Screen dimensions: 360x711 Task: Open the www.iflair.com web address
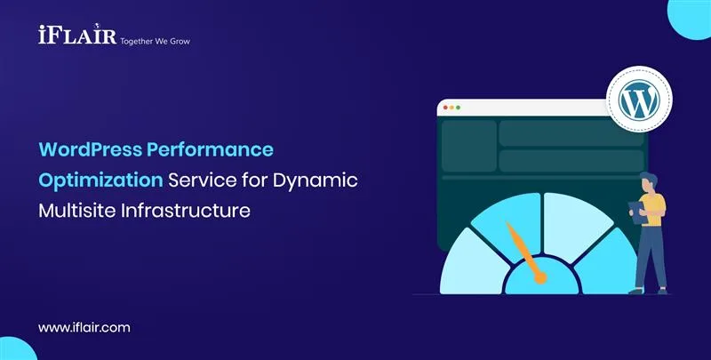click(84, 327)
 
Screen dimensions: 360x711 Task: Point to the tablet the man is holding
click(636, 208)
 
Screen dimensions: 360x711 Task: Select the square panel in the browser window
click(468, 146)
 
